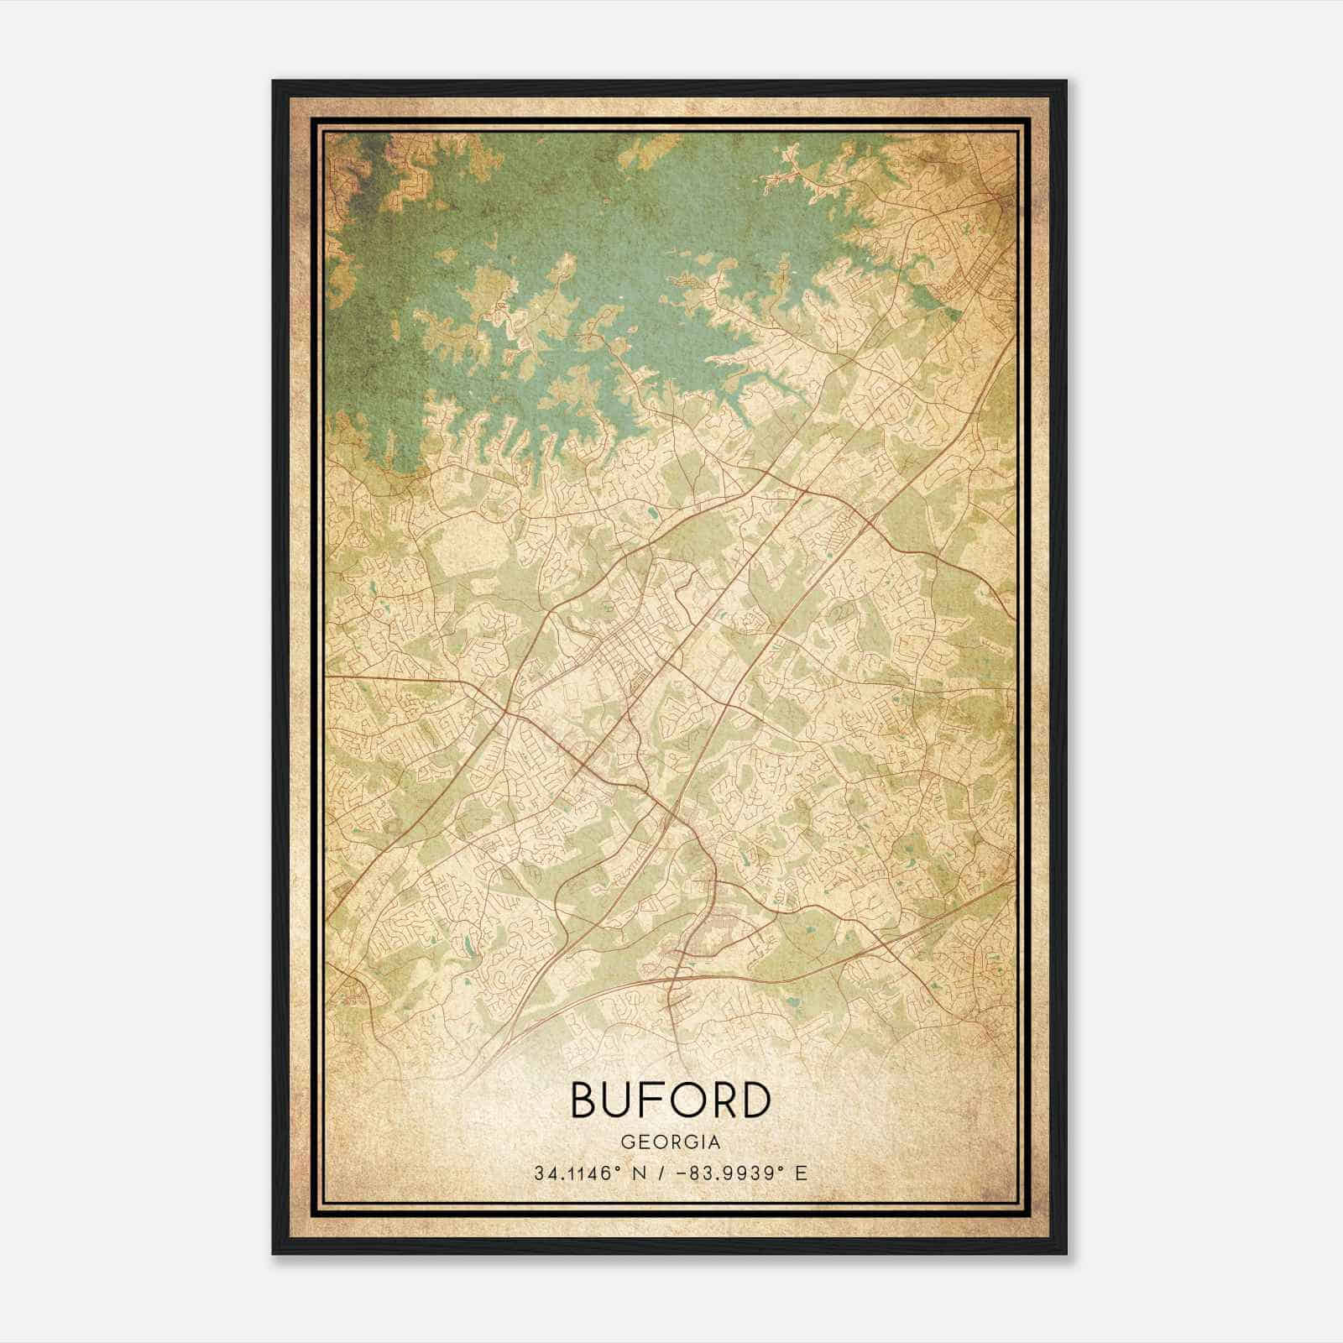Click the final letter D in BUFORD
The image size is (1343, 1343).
[x=754, y=1100]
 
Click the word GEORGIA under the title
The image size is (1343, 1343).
[x=670, y=1142]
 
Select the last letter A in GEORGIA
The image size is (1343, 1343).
[x=713, y=1142]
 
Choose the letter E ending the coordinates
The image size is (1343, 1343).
[x=801, y=1173]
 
